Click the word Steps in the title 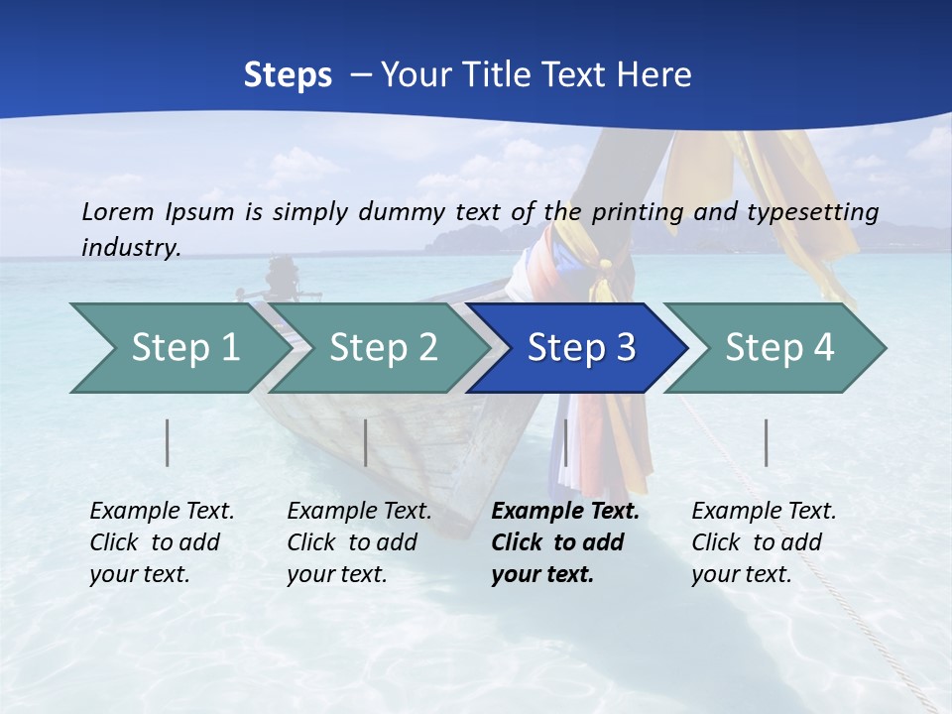288,75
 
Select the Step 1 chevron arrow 178,348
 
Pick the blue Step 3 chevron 580,348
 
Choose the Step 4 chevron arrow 778,348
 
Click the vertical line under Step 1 168,442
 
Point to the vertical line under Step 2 366,442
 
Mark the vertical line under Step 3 565,442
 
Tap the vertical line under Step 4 766,442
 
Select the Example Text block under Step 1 162,542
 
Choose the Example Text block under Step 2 359,542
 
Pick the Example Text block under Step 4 764,542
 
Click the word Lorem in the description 118,211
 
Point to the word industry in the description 131,248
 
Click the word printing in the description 646,212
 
